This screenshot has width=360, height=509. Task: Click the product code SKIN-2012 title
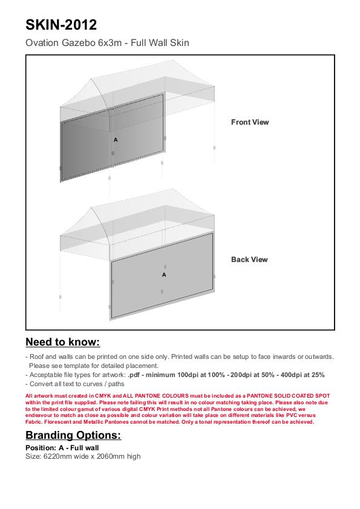(x=61, y=25)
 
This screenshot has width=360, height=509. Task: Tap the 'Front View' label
(x=250, y=122)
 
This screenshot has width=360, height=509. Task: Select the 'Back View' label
(x=249, y=260)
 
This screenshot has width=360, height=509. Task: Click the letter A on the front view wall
(x=116, y=140)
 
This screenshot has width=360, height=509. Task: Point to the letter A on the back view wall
(x=164, y=275)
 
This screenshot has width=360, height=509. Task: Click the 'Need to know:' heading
(x=63, y=342)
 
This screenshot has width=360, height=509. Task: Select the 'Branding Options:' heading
(x=73, y=435)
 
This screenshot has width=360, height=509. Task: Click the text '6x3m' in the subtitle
(x=110, y=42)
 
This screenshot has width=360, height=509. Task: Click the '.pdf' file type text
(x=134, y=375)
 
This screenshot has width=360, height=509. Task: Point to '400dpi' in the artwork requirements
(x=291, y=375)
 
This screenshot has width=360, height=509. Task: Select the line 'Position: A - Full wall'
(x=62, y=448)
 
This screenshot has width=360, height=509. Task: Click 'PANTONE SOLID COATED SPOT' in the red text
(x=288, y=396)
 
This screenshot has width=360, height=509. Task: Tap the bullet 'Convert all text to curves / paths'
(x=75, y=384)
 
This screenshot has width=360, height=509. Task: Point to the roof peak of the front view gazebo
(x=172, y=60)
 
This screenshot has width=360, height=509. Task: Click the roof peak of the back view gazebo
(x=172, y=189)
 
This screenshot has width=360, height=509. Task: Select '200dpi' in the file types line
(x=241, y=375)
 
